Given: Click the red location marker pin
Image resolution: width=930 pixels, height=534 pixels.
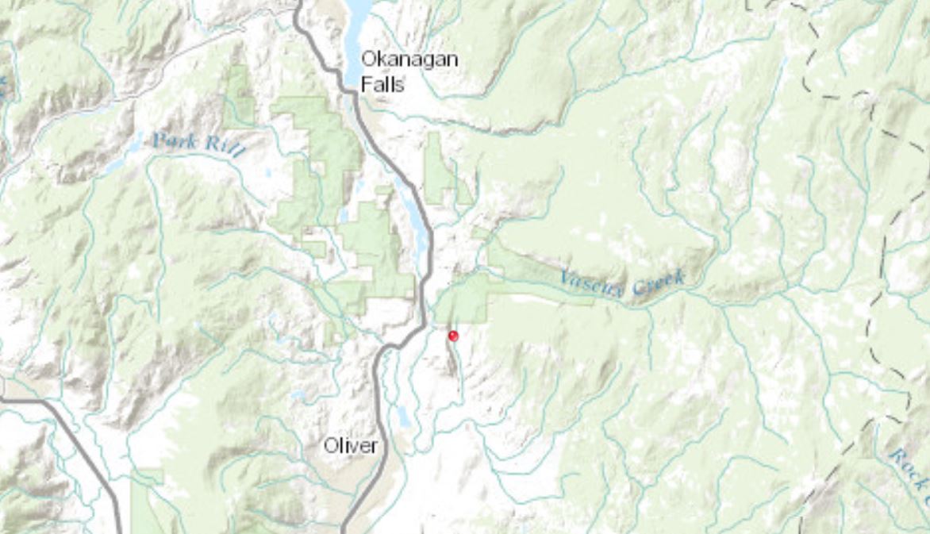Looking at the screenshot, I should tap(453, 336).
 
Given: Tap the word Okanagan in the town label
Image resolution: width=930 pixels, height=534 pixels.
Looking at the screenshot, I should tap(409, 59).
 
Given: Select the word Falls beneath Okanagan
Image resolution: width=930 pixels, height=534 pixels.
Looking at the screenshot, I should tap(382, 84).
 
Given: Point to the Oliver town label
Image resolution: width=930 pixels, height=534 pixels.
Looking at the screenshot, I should tap(350, 446).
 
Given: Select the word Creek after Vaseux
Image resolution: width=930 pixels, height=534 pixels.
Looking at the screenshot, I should tap(655, 282).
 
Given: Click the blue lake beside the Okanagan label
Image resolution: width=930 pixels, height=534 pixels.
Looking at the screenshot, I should tap(357, 32).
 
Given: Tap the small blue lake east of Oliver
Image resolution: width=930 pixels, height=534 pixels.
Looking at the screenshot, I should tap(404, 416).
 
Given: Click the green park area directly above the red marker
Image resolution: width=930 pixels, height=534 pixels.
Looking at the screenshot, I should tap(464, 298).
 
